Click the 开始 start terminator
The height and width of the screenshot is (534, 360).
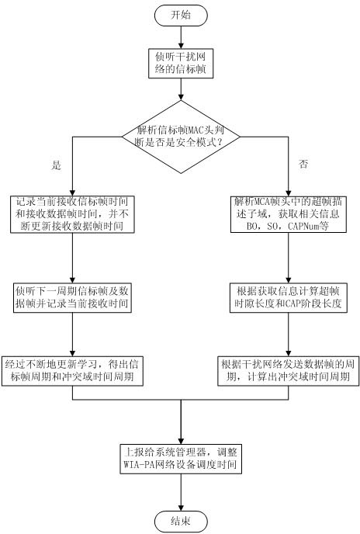tap(181, 15)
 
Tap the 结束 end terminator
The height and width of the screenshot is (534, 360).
tap(181, 521)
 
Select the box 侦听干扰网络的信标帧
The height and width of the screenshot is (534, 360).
tap(181, 64)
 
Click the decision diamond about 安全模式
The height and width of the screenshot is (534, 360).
tap(181, 137)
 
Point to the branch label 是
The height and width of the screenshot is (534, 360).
tap(56, 165)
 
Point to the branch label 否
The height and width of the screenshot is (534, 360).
tap(303, 164)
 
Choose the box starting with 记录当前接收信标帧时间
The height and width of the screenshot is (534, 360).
tap(72, 214)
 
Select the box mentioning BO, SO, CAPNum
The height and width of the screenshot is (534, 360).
tap(289, 214)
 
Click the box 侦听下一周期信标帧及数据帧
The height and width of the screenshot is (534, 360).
tap(72, 297)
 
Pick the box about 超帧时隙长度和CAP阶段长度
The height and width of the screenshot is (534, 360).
tap(289, 297)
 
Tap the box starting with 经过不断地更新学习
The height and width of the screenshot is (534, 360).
tap(72, 371)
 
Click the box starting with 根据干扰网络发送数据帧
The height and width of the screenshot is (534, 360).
tap(289, 371)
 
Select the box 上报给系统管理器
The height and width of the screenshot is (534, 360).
tap(181, 459)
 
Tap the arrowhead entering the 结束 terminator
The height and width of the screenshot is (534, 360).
tap(181, 507)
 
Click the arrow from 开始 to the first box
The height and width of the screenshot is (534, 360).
tap(181, 37)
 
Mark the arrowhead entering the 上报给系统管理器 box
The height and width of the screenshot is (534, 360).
tap(181, 440)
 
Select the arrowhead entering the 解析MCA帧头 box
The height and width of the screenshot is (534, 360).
tap(289, 192)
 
